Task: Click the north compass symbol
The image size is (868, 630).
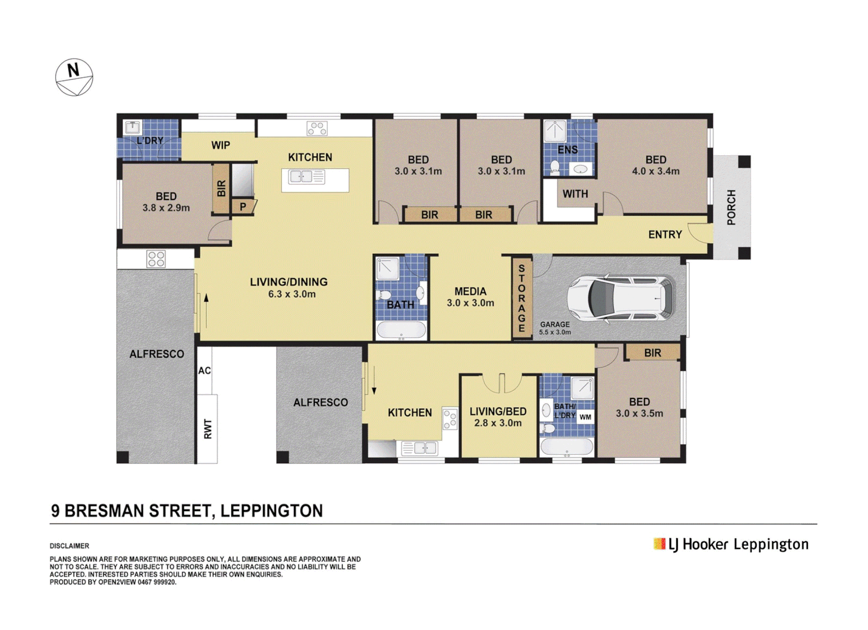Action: click(74, 77)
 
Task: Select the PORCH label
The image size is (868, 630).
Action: click(731, 207)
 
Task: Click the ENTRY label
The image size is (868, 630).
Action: click(665, 235)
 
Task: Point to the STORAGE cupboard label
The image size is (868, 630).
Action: click(521, 298)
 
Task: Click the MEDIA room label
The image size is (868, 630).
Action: click(470, 291)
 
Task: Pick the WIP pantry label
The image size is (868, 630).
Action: click(220, 145)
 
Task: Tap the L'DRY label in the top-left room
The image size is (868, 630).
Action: click(150, 141)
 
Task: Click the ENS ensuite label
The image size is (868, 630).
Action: click(568, 150)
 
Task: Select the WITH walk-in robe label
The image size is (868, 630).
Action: click(575, 194)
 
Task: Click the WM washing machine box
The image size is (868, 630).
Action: click(585, 416)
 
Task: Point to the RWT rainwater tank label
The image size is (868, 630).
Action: click(208, 429)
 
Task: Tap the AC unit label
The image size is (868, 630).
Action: click(204, 370)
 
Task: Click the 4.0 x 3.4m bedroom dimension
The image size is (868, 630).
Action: click(656, 171)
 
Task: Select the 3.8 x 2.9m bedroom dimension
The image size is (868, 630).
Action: click(166, 208)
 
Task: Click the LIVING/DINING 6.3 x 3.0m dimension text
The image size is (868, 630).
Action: click(292, 295)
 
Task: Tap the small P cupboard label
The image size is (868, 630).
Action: click(243, 206)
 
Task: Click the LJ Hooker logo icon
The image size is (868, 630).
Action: click(660, 544)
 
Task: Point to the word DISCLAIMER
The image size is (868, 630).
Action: click(69, 546)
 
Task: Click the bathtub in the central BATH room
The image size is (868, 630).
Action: click(401, 331)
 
